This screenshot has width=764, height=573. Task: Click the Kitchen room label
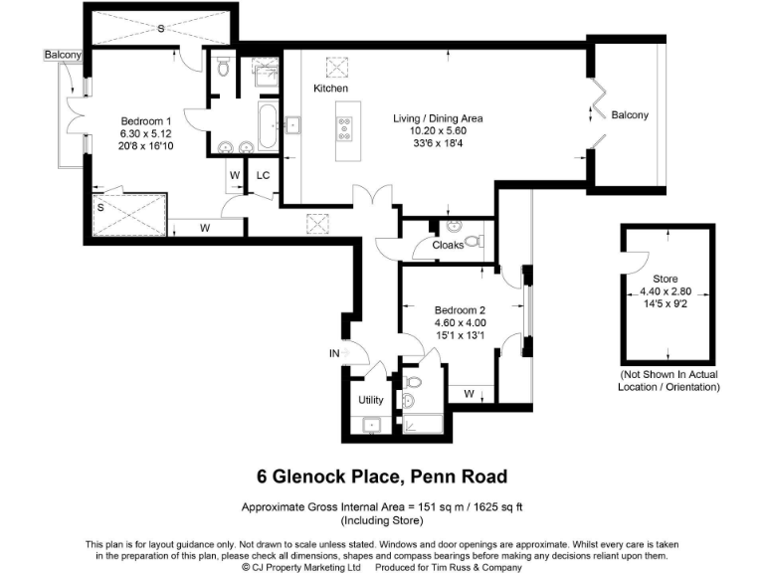coord(330,89)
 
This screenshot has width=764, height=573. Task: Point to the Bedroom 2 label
coord(459,308)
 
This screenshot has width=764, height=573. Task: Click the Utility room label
coord(371,400)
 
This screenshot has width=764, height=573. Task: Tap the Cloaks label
coord(447,245)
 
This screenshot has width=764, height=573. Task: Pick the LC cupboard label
coord(263,175)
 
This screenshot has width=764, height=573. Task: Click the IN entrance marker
coord(335,353)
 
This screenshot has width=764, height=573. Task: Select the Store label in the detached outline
coord(666,279)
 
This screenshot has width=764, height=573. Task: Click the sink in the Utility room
coord(371,425)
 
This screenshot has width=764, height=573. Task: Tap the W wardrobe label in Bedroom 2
coord(468,394)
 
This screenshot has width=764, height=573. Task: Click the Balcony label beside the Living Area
coord(630,115)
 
